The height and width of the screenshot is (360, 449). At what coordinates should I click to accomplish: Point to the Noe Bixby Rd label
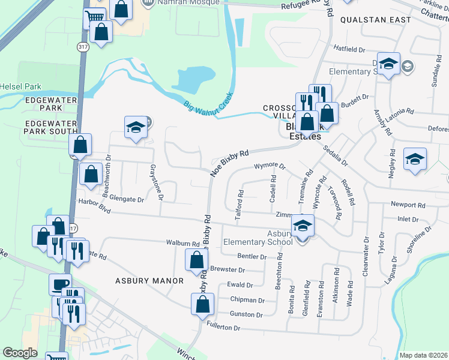(x=229, y=163)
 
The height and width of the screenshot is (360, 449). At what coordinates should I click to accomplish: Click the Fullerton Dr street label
(x=223, y=328)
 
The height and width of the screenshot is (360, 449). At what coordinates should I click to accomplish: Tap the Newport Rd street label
(x=408, y=205)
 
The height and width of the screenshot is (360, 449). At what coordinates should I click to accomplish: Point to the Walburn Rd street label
(x=182, y=244)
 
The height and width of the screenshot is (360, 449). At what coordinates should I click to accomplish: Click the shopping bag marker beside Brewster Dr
(x=197, y=260)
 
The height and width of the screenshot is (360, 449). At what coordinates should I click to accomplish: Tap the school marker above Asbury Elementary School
(x=303, y=225)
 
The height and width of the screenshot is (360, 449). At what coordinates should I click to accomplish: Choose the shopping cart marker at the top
(x=94, y=19)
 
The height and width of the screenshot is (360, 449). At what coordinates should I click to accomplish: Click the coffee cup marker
(x=60, y=284)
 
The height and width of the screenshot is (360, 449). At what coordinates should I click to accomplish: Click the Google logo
(x=20, y=353)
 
